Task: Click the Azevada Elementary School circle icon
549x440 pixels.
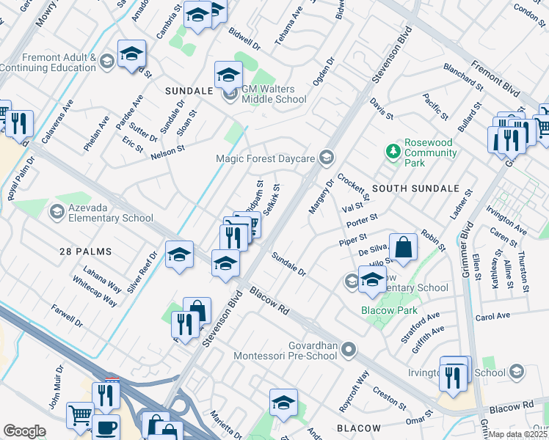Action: [x=57, y=212]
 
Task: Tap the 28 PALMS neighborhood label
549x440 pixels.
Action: [x=85, y=252]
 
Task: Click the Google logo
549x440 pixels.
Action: [x=24, y=431]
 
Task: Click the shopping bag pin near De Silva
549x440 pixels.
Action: [x=404, y=246]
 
